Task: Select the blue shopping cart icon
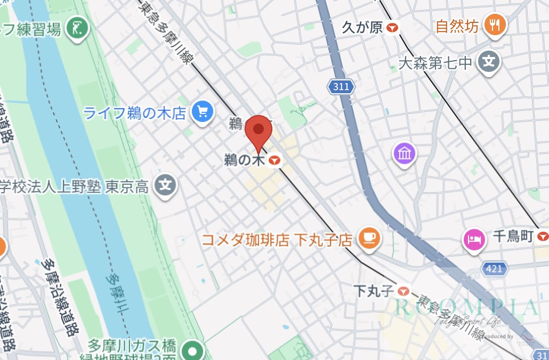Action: click(203, 112)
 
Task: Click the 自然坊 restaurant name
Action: click(457, 26)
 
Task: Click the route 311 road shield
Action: click(340, 86)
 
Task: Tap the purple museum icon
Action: click(405, 154)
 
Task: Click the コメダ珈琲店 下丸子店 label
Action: click(277, 240)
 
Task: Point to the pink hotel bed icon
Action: click(473, 238)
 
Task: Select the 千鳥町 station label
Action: click(513, 236)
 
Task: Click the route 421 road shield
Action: click(495, 268)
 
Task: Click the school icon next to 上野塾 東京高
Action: click(166, 186)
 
